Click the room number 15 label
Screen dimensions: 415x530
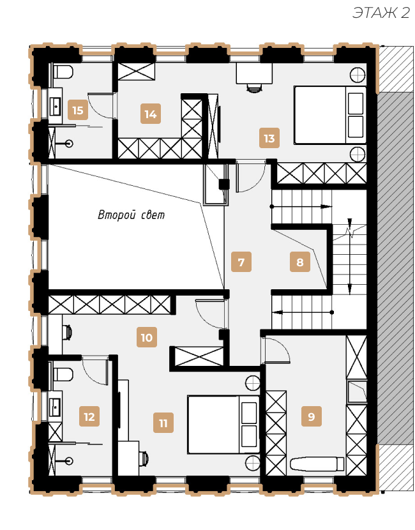(78, 110)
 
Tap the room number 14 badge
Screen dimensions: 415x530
(151, 114)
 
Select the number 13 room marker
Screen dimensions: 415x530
(269, 138)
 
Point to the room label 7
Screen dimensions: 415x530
(241, 262)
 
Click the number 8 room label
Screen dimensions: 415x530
(300, 262)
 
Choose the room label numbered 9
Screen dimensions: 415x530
(312, 416)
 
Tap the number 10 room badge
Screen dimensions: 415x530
(147, 337)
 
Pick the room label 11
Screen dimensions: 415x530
(163, 423)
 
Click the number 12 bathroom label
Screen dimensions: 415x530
(89, 416)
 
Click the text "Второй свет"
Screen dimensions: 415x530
(131, 215)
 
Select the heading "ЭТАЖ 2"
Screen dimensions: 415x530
(381, 13)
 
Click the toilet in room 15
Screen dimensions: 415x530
(63, 72)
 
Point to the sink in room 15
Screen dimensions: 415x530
(55, 106)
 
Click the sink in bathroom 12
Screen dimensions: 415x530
(55, 407)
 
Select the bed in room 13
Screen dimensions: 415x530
(330, 115)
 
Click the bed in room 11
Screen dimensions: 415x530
(223, 425)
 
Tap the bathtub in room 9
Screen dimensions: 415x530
(317, 464)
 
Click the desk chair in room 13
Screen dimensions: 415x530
(254, 87)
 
